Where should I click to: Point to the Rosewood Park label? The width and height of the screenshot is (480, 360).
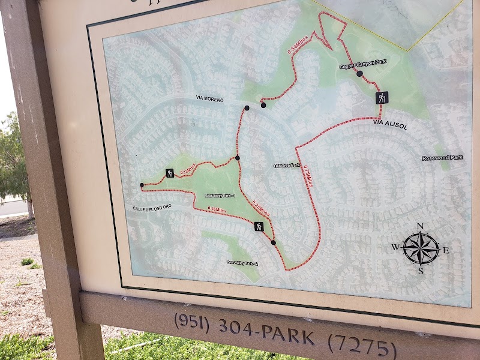click(443, 158)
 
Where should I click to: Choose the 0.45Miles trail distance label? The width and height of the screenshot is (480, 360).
click(216, 209)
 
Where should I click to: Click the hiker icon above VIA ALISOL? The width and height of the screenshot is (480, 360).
click(382, 98)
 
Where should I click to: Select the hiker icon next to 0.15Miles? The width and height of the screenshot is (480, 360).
click(170, 173)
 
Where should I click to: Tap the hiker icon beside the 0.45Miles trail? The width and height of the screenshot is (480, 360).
click(259, 227)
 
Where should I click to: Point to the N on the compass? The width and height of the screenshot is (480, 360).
click(421, 226)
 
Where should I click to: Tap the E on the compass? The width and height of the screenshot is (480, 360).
click(446, 250)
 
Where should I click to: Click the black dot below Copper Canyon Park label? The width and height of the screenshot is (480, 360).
click(359, 74)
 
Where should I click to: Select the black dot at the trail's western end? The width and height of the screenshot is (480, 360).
click(142, 185)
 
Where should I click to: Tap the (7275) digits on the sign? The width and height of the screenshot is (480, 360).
click(362, 345)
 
